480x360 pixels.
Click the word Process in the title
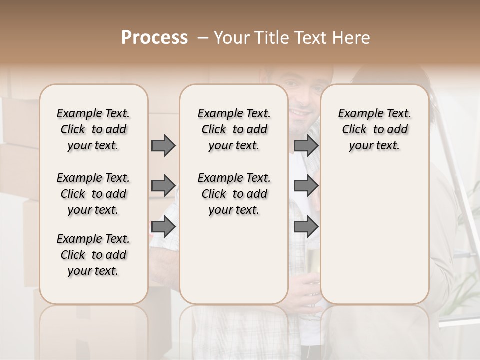tap(154, 38)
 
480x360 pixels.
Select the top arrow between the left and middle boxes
tap(163, 145)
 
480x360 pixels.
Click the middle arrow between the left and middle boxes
tap(163, 186)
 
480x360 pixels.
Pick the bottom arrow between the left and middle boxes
tap(163, 227)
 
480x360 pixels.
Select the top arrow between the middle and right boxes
tap(306, 145)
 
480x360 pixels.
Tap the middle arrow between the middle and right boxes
tap(306, 186)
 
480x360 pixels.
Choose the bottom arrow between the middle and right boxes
tap(306, 227)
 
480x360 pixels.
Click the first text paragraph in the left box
tap(93, 129)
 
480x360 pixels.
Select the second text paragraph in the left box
tap(93, 194)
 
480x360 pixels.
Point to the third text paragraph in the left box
tap(93, 255)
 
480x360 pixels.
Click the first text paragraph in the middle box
tap(234, 129)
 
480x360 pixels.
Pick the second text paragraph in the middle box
tap(234, 194)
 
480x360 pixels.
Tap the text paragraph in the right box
tap(374, 129)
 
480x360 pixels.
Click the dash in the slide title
tap(203, 38)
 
